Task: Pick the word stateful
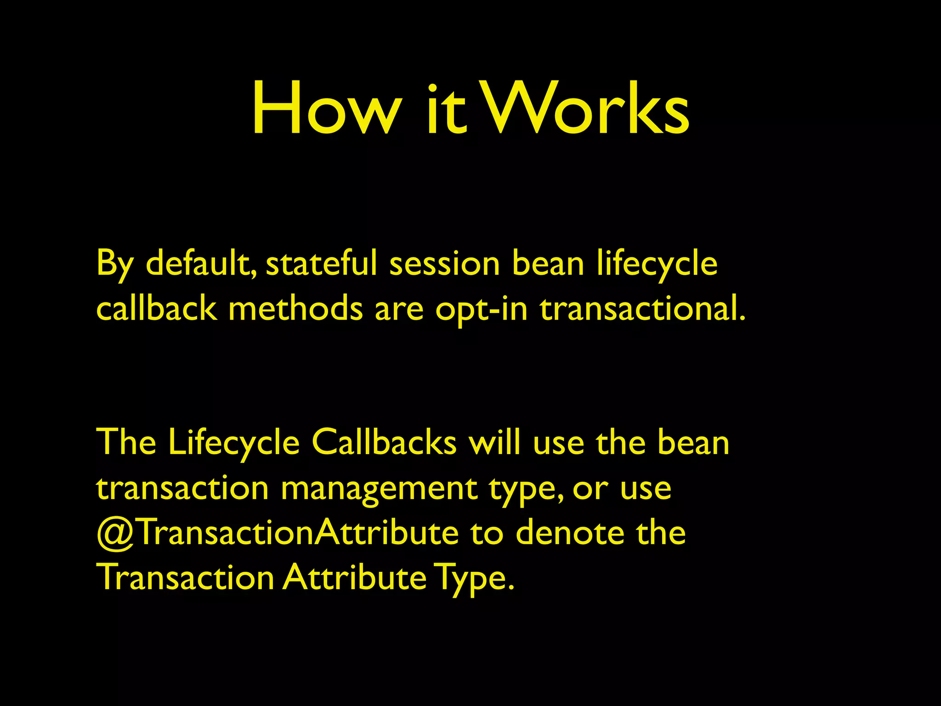point(321,263)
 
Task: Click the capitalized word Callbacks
point(384,442)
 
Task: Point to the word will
point(494,442)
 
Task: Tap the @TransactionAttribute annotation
point(278,533)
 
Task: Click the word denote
point(570,533)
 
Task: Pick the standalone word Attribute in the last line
point(354,578)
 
